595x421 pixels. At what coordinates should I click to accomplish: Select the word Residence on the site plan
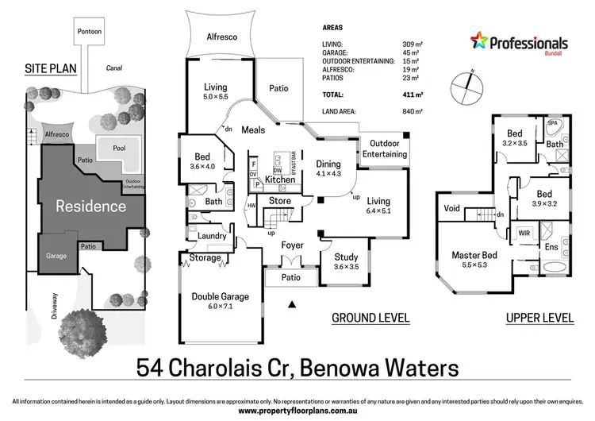tap(90, 207)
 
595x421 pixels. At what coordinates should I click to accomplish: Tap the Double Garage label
tap(220, 297)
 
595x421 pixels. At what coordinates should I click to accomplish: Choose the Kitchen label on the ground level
tap(279, 180)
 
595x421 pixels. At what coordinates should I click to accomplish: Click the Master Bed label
tap(474, 256)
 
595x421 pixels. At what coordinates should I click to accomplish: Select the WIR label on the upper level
tap(524, 234)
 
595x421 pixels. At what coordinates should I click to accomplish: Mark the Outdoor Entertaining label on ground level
tap(385, 149)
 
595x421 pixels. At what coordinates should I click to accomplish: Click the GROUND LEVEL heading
tap(370, 319)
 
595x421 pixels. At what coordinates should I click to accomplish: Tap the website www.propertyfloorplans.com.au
tap(297, 411)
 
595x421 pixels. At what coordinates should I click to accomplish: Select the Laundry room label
tap(212, 236)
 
